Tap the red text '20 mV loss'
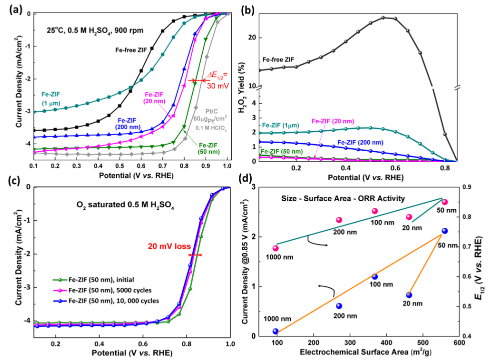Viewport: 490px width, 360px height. click(x=166, y=246)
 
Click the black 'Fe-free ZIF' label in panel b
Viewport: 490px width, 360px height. click(x=279, y=60)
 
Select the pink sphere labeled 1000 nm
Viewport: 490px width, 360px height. click(x=276, y=248)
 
